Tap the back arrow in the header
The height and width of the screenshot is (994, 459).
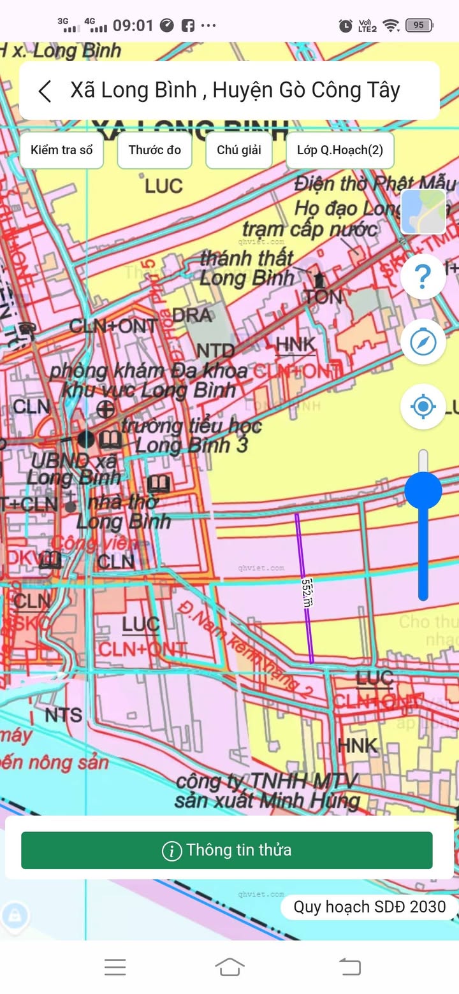point(45,91)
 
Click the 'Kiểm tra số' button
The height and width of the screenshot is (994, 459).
point(62,150)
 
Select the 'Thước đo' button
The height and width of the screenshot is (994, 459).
point(154,150)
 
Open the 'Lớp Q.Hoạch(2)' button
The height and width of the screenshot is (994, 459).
point(340,150)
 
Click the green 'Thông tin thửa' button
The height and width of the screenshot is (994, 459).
point(227,850)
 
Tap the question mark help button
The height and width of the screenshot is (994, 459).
point(423,277)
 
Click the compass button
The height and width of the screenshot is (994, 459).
point(423,342)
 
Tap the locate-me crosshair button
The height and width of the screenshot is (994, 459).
point(423,406)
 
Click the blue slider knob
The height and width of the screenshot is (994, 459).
point(423,491)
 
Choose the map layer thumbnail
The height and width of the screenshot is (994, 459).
point(423,212)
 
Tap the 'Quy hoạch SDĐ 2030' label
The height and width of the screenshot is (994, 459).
point(369,907)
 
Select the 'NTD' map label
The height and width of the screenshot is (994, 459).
point(215,351)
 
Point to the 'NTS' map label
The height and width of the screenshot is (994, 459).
point(64,715)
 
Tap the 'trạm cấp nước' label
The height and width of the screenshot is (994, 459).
point(309,228)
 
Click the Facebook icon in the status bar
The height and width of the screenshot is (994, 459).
point(187,25)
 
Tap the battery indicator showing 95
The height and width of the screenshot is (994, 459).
point(419,25)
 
